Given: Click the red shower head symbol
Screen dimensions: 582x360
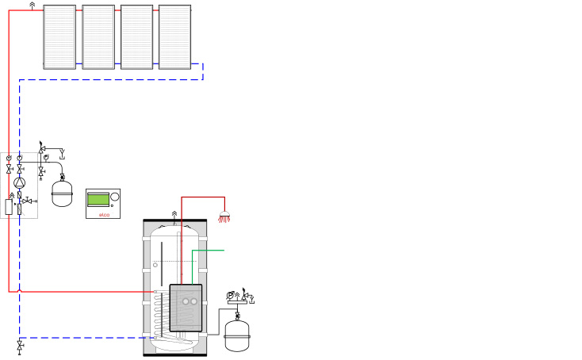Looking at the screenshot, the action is (x=224, y=216).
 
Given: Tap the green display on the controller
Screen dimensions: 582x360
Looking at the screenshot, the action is (x=98, y=199).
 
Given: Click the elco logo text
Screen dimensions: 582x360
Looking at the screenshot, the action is (x=105, y=215).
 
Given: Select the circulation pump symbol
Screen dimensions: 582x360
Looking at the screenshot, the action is (x=19, y=182).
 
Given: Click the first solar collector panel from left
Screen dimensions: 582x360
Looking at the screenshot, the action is (x=59, y=37).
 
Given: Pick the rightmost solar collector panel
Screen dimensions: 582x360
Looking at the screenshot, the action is (x=174, y=37).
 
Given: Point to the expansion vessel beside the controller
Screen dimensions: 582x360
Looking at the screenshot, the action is (x=62, y=193).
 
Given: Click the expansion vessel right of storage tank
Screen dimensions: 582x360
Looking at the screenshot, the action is (x=237, y=335).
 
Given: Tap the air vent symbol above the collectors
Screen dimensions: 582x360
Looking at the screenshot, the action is (x=33, y=6).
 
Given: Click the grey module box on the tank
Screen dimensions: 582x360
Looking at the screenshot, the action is (x=186, y=308).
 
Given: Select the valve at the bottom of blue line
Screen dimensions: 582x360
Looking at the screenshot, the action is (x=20, y=347).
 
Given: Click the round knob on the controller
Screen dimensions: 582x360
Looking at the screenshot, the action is (x=115, y=197).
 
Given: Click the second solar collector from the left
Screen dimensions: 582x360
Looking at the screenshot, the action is (x=98, y=37).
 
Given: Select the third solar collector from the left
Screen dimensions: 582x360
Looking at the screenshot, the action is (x=136, y=37).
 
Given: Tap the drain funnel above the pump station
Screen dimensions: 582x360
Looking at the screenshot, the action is (x=63, y=154).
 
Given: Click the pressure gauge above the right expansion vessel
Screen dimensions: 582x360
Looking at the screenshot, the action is (x=230, y=296).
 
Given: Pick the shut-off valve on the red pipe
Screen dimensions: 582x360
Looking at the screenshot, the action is (x=9, y=170).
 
